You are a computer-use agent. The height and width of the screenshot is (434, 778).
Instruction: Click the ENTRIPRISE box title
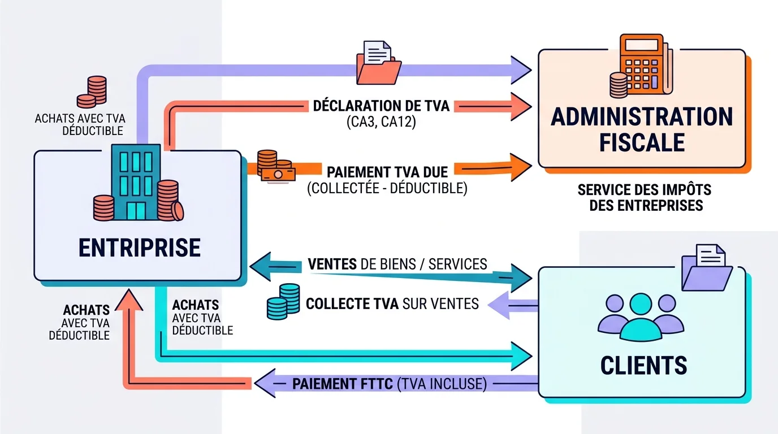139,248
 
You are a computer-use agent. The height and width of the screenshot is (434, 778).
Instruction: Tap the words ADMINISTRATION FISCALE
642,129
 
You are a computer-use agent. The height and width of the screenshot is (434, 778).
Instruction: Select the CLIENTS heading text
643,366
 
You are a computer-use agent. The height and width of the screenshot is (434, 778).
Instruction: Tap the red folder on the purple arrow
378,62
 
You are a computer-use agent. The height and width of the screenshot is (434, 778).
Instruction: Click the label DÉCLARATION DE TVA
381,106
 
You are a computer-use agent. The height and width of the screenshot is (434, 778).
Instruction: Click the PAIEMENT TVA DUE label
388,171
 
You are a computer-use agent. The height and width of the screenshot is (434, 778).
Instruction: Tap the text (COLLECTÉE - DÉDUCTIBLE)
387,189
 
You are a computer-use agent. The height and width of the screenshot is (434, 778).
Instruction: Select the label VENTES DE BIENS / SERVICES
397,264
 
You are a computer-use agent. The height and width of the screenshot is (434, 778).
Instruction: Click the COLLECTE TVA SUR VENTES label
392,304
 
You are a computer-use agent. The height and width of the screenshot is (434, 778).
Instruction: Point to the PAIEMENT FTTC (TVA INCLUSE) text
389,384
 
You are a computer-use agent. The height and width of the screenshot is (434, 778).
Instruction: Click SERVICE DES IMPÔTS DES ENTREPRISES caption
645,197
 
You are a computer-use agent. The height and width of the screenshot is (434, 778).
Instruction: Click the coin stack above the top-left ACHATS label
92,92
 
